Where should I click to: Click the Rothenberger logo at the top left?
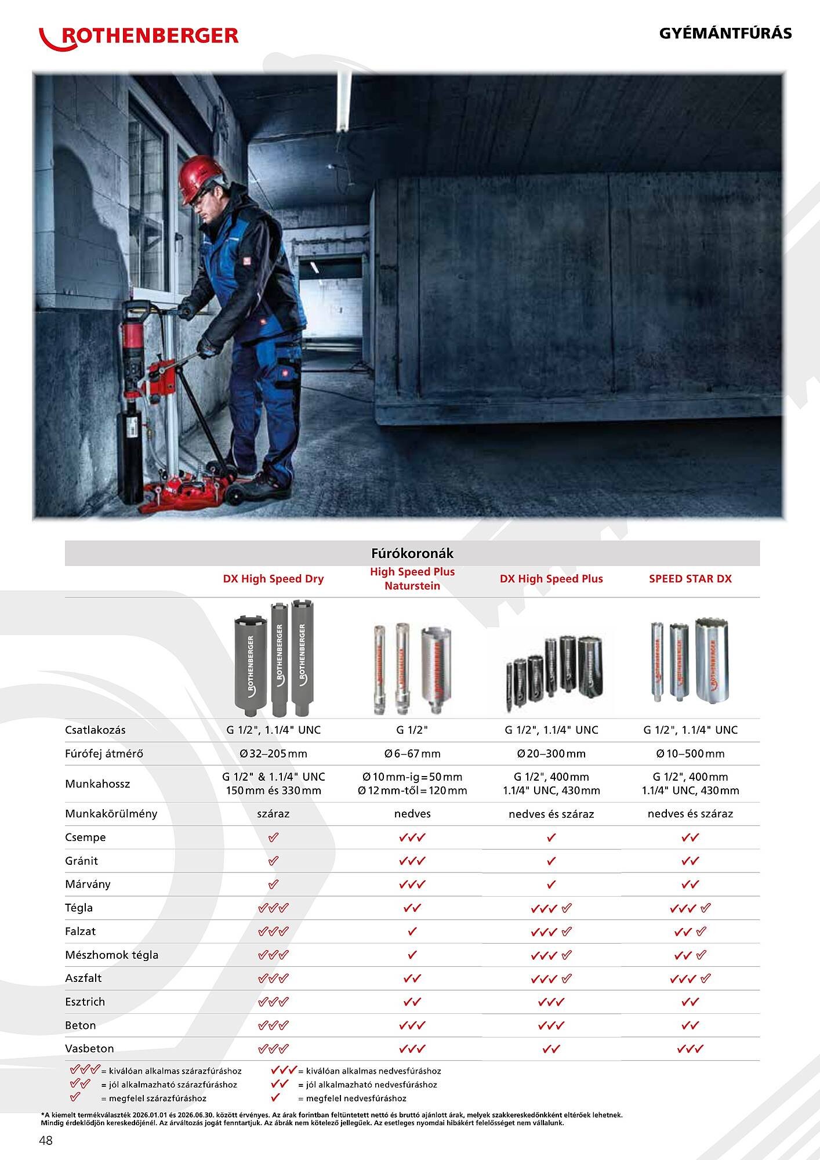coord(139,36)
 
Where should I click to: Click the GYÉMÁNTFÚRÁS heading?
coord(725,33)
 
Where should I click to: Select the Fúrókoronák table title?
coord(412,553)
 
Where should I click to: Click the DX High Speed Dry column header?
coord(273,579)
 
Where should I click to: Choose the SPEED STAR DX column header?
coord(690,579)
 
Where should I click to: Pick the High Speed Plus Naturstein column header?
coord(412,579)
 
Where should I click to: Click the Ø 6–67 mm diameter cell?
coord(412,753)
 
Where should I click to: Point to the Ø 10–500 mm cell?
coord(690,753)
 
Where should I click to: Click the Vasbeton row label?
coord(89,1049)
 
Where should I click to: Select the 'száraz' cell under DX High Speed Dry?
coord(273,814)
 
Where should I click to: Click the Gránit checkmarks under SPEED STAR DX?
coord(690,861)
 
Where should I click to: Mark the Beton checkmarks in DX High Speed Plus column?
coord(551,1025)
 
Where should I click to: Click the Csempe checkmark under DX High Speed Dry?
coord(273,838)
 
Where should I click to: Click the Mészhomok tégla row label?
coord(111,955)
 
